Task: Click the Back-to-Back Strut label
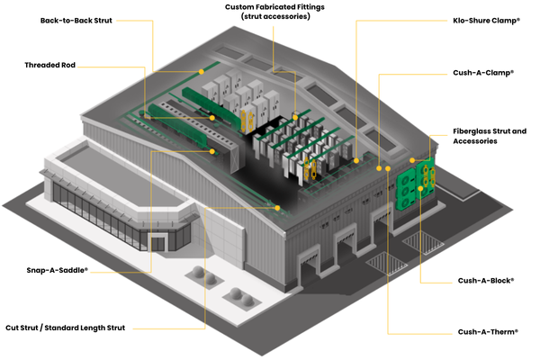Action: pos(76,19)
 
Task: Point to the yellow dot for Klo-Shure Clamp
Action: pos(358,159)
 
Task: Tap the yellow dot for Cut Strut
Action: pos(279,208)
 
